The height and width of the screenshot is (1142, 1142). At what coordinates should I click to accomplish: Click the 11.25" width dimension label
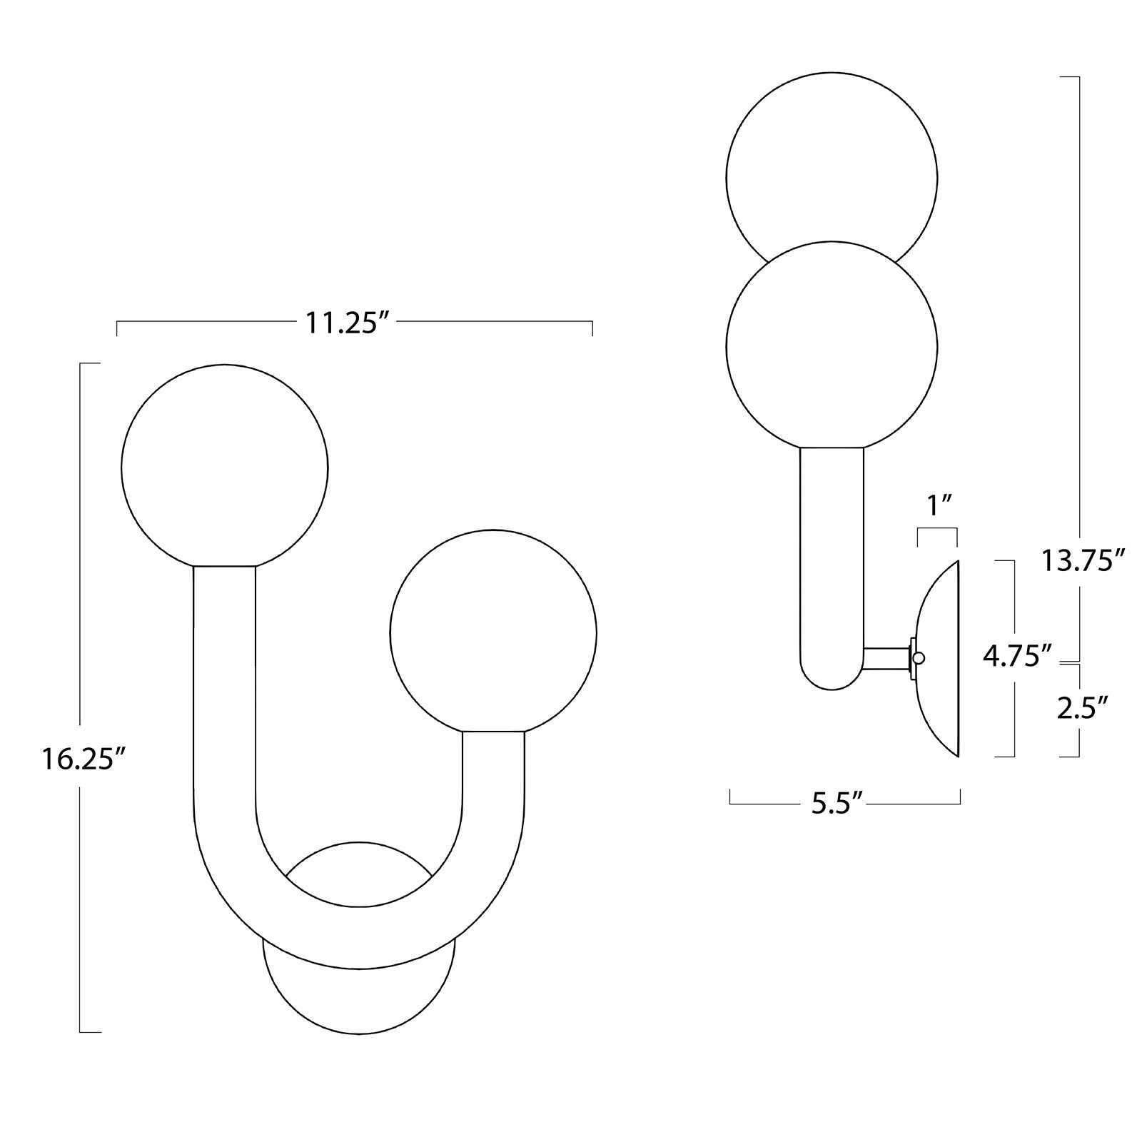(x=350, y=323)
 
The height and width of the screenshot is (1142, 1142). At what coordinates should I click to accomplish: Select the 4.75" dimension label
(x=1017, y=655)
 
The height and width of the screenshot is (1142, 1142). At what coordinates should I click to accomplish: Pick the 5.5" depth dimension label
(x=838, y=804)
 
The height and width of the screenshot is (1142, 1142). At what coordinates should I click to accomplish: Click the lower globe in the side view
(x=832, y=346)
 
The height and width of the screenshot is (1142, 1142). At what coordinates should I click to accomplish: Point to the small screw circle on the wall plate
(x=919, y=658)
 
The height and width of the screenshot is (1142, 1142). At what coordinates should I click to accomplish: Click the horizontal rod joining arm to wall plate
(x=885, y=658)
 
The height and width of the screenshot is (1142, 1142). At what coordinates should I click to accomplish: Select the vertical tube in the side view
(x=832, y=557)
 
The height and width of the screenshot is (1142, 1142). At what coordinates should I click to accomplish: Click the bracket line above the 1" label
(x=937, y=529)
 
